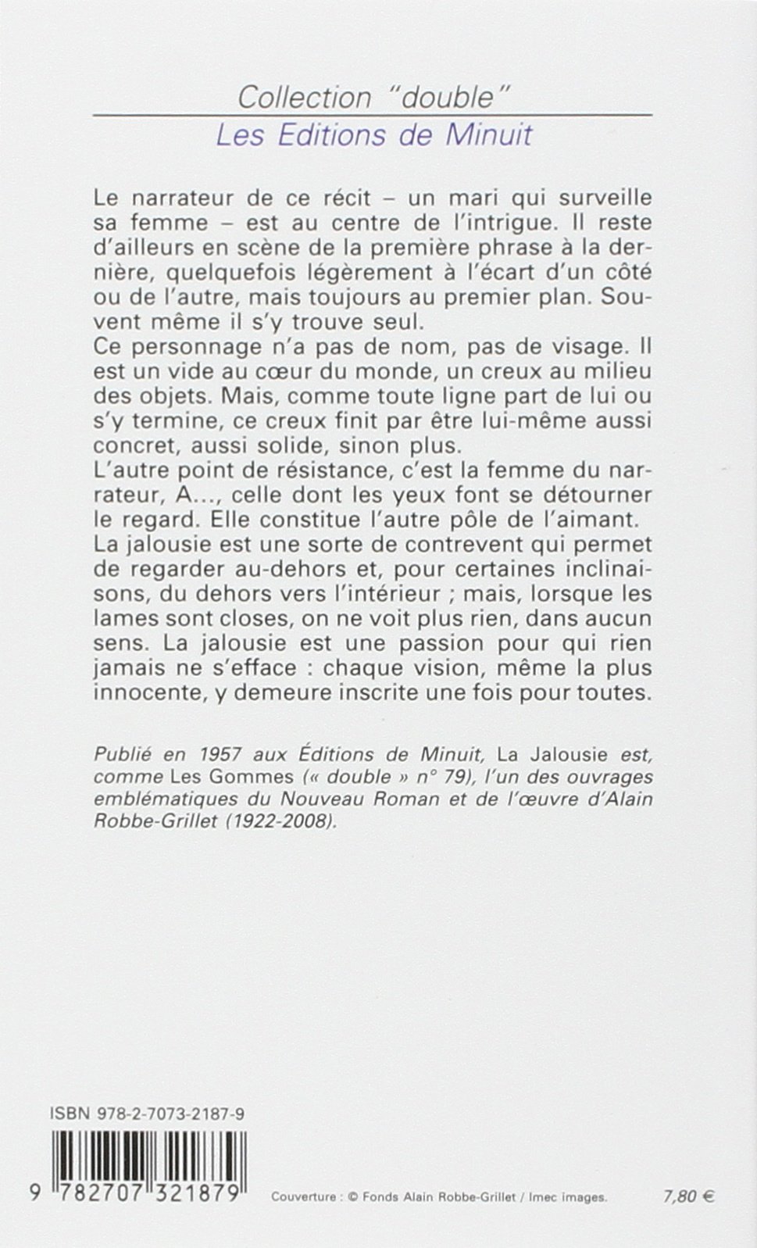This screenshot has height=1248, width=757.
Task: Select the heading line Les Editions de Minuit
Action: click(373, 135)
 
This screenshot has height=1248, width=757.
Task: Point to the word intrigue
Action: click(507, 222)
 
